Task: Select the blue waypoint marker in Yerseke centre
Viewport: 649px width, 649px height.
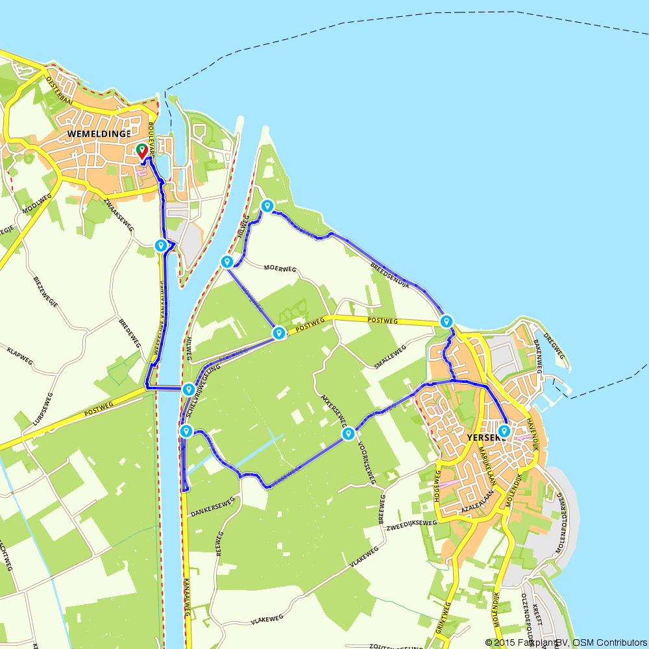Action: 504,430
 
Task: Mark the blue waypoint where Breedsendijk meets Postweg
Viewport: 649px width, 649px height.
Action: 447,321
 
